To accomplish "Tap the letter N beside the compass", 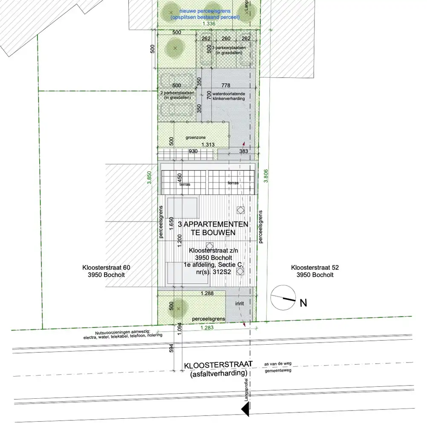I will coord(303,303).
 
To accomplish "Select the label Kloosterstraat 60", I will coord(106,268).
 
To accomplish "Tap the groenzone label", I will coord(195,138).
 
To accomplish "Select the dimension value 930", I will coord(193,152).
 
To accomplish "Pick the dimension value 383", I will coord(244,152).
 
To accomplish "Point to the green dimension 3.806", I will coord(265,174).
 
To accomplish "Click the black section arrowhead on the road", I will coord(245,410).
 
